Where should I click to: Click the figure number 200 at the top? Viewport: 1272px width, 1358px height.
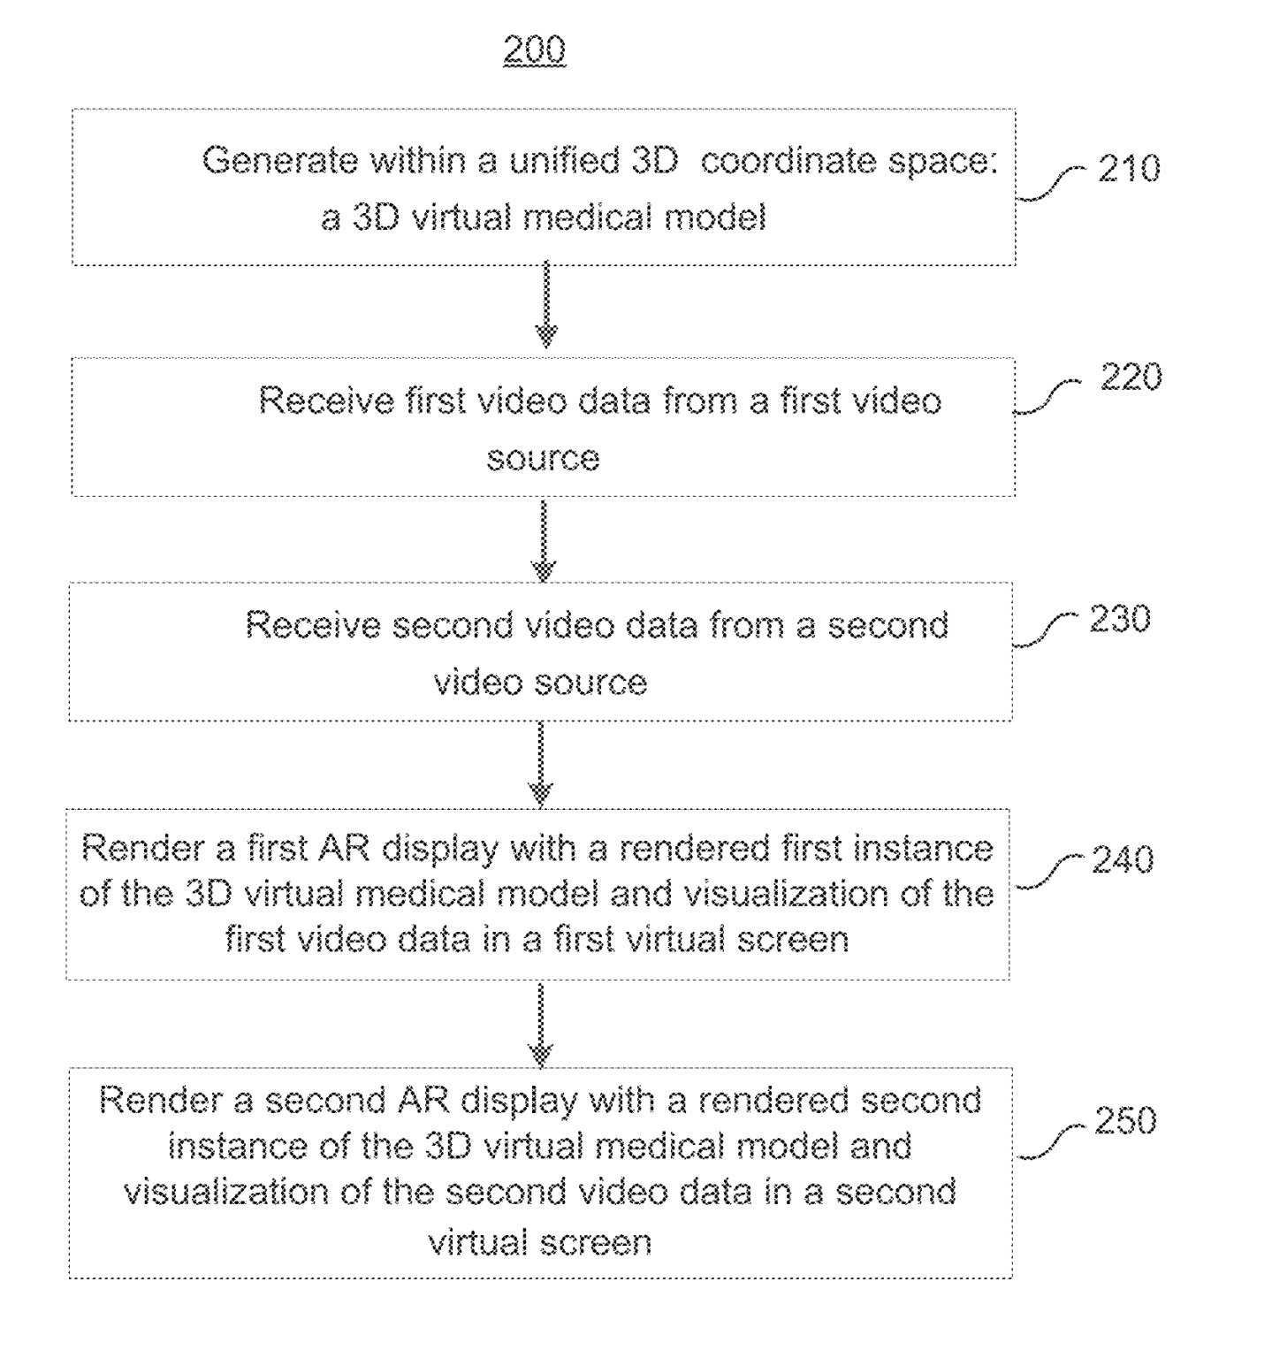(534, 50)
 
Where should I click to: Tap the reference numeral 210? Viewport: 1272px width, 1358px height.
(1129, 168)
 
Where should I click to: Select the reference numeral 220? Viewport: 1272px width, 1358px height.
(1131, 377)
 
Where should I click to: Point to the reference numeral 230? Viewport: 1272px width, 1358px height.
(1120, 619)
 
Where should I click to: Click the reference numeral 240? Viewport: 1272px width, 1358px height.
(1123, 859)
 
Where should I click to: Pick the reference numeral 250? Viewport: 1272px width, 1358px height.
(1125, 1120)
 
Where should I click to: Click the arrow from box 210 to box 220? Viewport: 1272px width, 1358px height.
(546, 305)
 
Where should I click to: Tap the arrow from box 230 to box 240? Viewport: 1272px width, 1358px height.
(540, 763)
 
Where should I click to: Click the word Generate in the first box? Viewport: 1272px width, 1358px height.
(278, 161)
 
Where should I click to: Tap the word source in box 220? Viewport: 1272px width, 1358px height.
(543, 458)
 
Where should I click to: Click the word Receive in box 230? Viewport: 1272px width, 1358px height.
(311, 625)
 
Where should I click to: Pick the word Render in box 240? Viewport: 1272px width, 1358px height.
(141, 849)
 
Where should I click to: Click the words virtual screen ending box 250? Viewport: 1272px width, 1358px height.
(540, 1242)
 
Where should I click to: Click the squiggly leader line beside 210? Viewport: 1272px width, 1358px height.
(1050, 184)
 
